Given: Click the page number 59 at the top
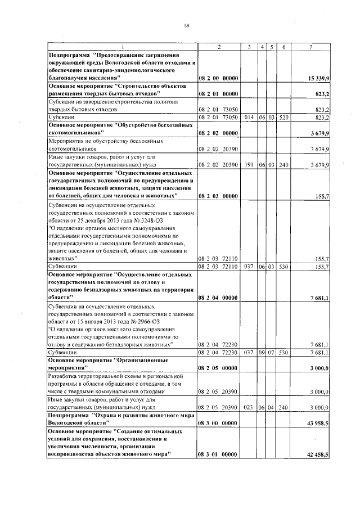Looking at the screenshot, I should point(186,25).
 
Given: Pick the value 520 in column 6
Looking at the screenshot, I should point(285,118).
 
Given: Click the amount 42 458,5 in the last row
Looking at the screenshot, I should point(318,454).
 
